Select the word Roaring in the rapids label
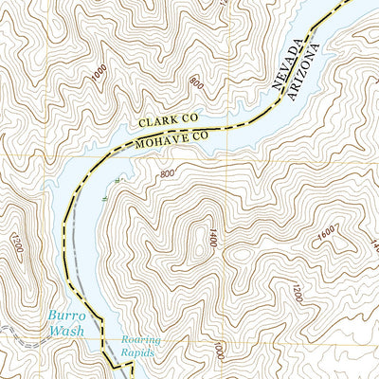click(x=140, y=339)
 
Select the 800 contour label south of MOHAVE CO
click(x=168, y=173)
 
